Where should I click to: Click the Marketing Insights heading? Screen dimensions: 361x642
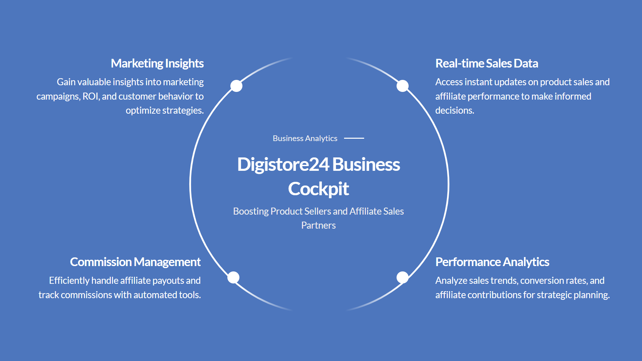(157, 64)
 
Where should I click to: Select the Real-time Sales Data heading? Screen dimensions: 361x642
(487, 64)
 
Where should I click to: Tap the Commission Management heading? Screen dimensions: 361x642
(135, 262)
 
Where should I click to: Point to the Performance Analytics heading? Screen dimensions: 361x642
(492, 262)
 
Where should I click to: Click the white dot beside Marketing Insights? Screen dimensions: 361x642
(236, 86)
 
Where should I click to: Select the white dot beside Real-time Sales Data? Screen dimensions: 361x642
(403, 86)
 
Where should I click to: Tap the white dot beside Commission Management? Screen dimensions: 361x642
(233, 277)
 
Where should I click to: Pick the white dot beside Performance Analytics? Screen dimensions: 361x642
(403, 277)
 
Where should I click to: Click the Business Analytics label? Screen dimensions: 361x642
(305, 138)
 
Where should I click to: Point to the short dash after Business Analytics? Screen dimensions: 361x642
(354, 138)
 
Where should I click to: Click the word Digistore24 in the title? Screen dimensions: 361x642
(283, 164)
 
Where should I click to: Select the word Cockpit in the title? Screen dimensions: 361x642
(318, 189)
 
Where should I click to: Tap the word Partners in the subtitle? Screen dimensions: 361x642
(318, 225)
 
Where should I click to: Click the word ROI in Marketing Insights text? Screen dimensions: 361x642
(90, 96)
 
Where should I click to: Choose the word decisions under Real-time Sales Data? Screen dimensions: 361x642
(454, 110)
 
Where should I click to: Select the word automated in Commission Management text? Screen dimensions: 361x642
(155, 295)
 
